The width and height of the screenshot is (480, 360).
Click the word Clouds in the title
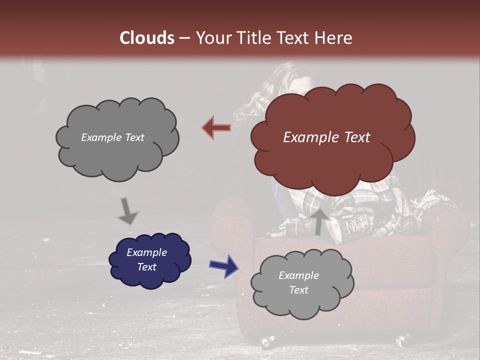tap(147, 38)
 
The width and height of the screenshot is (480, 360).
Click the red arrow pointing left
tap(216, 128)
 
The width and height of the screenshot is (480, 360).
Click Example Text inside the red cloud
tap(326, 137)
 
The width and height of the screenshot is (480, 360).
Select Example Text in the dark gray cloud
tap(112, 137)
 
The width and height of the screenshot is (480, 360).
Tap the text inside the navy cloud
tap(146, 260)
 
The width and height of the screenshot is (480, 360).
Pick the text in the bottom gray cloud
tap(298, 282)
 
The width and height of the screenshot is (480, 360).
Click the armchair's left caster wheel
tap(267, 342)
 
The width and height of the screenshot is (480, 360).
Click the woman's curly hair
tap(260, 100)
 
